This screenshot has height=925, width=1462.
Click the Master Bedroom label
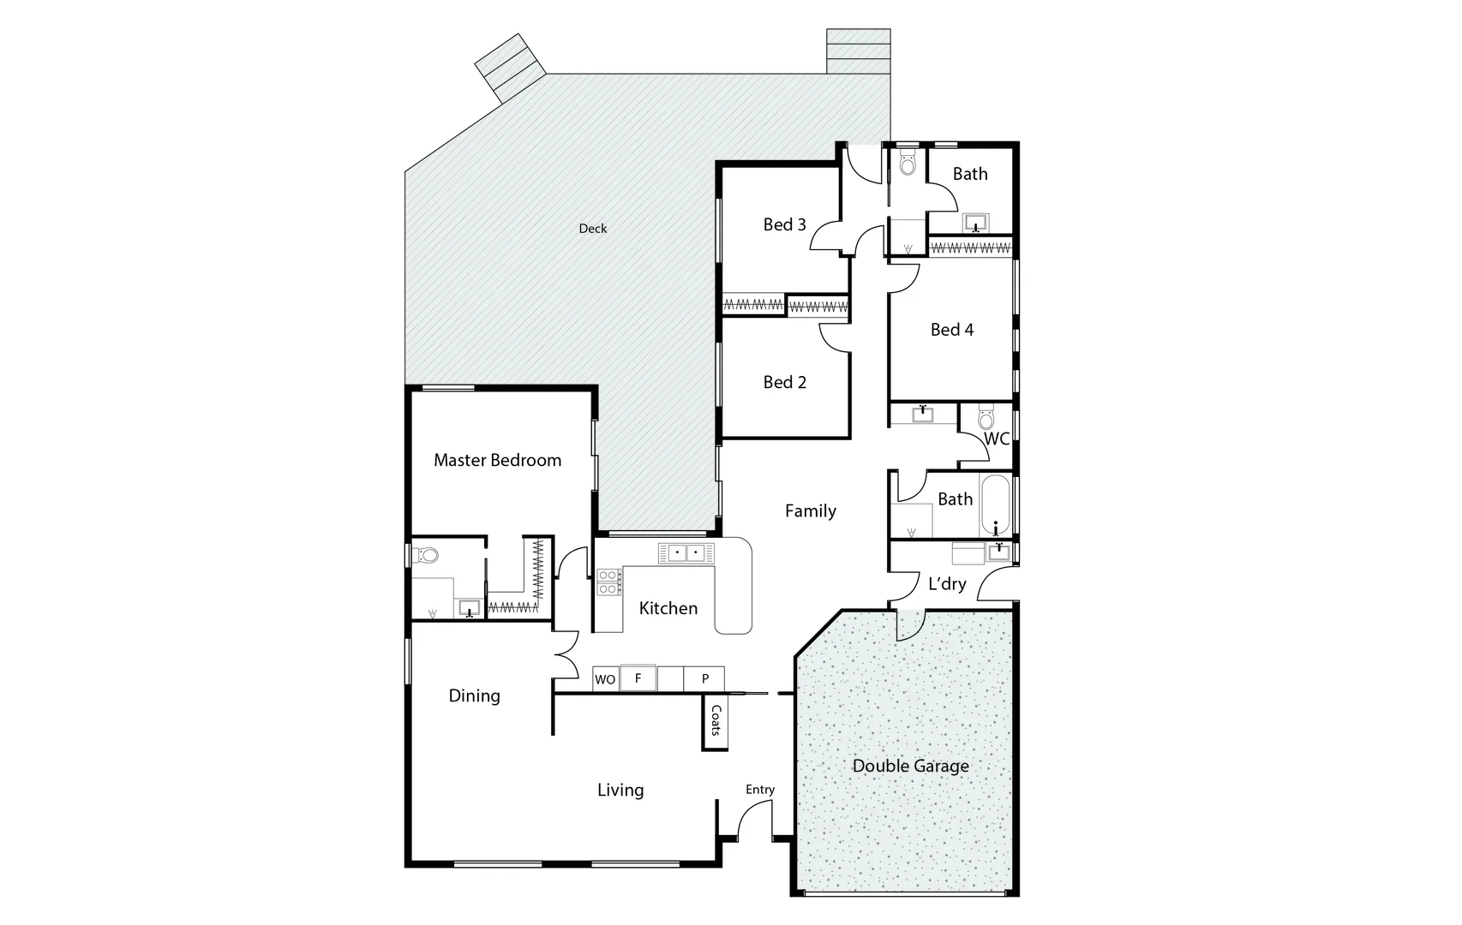pos(497,461)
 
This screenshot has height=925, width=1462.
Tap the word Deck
pos(592,229)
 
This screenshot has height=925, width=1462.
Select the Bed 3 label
pos(784,224)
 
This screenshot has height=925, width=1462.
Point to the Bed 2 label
pos(784,383)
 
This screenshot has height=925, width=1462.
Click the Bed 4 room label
pos(951,330)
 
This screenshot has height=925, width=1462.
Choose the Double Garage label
pos(910,766)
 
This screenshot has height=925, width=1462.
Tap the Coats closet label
pos(716,720)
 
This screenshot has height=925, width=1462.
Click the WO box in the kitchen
pos(605,679)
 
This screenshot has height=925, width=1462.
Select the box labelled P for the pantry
pos(704,679)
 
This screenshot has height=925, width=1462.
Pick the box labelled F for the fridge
pos(638,678)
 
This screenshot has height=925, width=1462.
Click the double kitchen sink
pos(686,553)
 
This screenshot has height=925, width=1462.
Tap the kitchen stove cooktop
pos(608,582)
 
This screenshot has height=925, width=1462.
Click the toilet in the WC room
pos(986,419)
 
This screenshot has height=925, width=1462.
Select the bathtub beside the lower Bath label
pos(995,505)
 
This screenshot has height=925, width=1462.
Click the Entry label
pos(759,790)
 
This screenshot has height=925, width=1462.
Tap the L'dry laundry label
pos(947,584)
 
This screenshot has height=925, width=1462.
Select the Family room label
pos(810,511)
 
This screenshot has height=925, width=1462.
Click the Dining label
pos(474,695)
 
